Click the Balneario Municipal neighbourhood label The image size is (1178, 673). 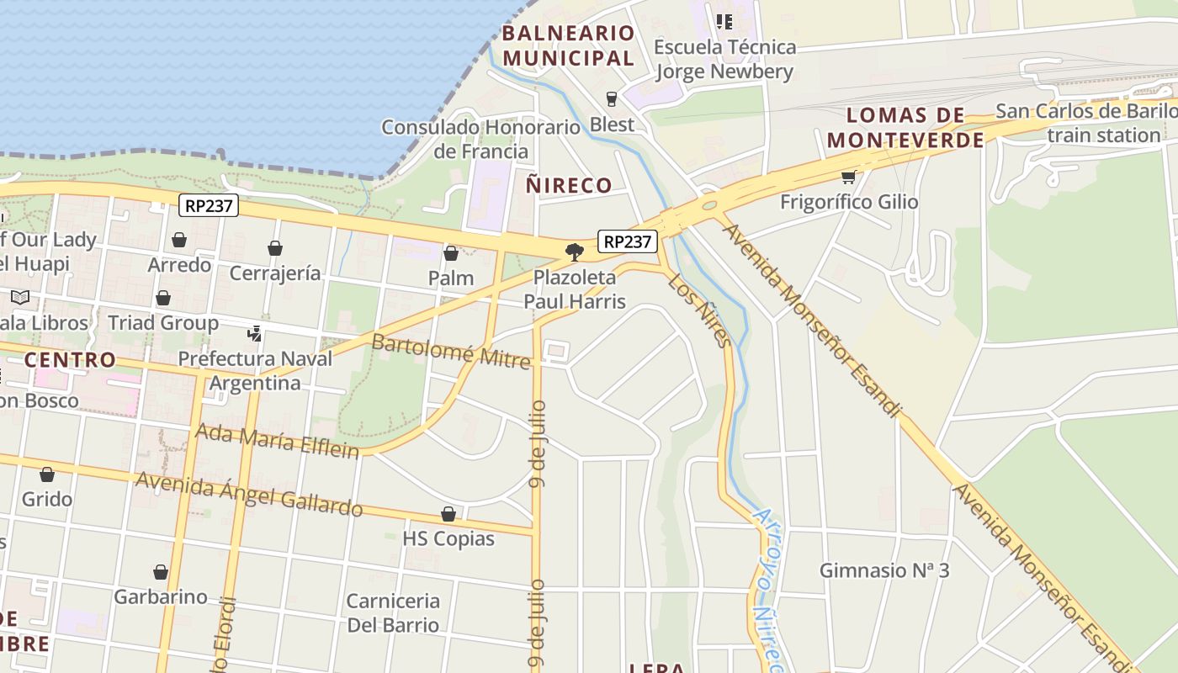[x=568, y=46]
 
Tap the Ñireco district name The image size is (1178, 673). [x=570, y=185]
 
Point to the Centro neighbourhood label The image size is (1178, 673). [x=70, y=360]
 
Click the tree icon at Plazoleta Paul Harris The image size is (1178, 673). [x=575, y=251]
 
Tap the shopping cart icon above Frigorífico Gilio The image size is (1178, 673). [x=849, y=177]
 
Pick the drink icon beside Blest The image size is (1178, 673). [x=612, y=99]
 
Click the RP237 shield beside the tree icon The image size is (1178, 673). [x=628, y=241]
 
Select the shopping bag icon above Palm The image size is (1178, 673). [x=451, y=252]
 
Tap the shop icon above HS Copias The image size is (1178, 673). [x=448, y=513]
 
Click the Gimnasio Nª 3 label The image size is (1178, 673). [x=884, y=570]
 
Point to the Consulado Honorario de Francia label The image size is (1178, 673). [x=481, y=140]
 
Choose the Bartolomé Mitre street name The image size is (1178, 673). [x=451, y=351]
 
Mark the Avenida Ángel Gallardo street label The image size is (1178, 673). [x=249, y=494]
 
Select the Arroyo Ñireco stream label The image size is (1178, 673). [x=769, y=589]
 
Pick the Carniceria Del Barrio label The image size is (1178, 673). [x=393, y=612]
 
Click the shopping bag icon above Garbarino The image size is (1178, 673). [x=161, y=572]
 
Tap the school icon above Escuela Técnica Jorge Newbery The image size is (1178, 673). [x=724, y=21]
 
